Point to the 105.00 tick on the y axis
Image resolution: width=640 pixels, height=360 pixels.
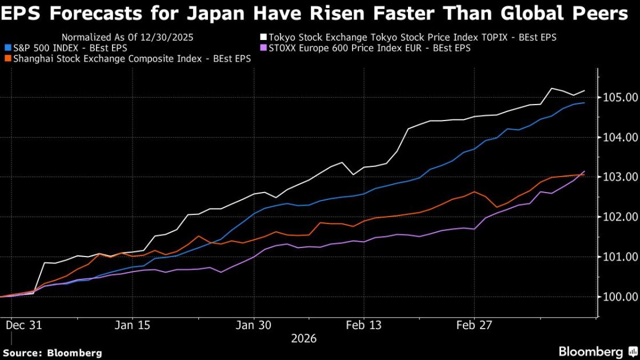[x=620, y=98]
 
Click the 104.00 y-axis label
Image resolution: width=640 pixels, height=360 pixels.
[x=620, y=138]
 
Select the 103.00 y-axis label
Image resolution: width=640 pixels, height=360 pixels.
[x=620, y=178]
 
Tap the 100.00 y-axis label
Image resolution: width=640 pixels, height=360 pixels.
[x=620, y=297]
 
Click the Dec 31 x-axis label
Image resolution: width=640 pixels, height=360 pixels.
[x=23, y=325]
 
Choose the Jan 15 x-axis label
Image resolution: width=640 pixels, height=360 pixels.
[x=133, y=325]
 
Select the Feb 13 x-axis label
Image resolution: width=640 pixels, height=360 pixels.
[x=363, y=325]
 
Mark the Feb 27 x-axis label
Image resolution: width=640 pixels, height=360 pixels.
[x=474, y=325]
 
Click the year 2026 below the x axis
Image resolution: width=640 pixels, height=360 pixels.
[x=304, y=338]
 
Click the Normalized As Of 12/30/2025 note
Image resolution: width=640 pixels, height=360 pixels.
[x=127, y=37]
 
